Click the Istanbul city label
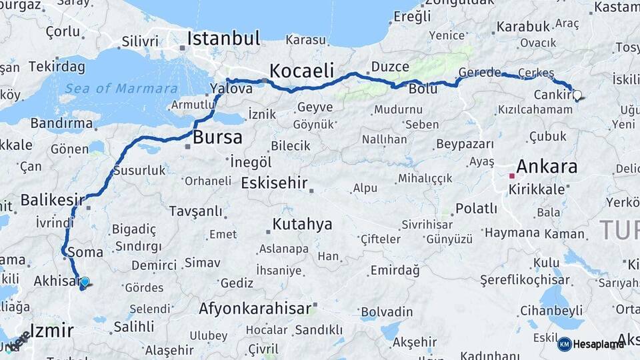click(x=223, y=38)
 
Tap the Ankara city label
click(x=547, y=167)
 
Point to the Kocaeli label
click(x=301, y=71)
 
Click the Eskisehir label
click(x=274, y=183)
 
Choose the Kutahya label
click(x=302, y=224)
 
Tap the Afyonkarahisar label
click(x=255, y=309)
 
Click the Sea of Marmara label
click(x=121, y=89)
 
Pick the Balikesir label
click(x=53, y=199)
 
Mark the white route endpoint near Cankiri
click(x=577, y=95)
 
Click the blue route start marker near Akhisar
click(x=85, y=282)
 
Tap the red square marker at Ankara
click(x=511, y=176)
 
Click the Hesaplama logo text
click(x=599, y=344)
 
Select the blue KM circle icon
click(x=565, y=344)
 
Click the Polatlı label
click(x=476, y=209)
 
